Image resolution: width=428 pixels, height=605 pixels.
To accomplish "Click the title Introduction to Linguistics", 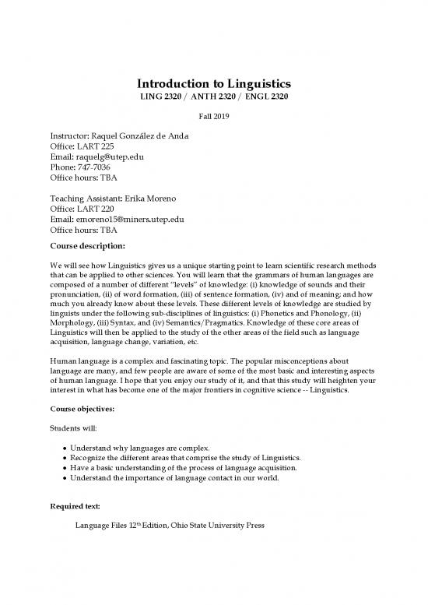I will pos(213,83).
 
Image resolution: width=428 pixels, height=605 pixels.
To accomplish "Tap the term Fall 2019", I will pos(213,116).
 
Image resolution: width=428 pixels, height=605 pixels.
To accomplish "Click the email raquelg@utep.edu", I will pos(111,157).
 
